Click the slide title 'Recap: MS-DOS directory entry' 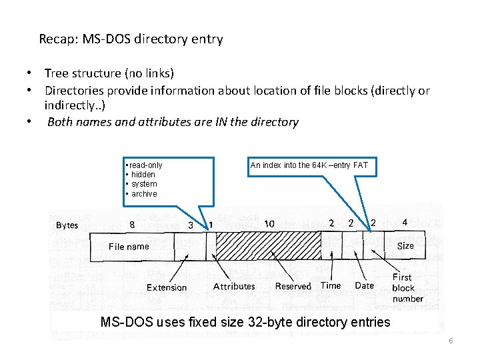[x=131, y=39]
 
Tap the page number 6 [x=451, y=341]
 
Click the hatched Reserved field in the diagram [x=268, y=246]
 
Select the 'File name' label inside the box [x=129, y=247]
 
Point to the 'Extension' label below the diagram [x=167, y=287]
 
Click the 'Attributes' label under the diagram [x=234, y=286]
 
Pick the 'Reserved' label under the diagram [x=293, y=286]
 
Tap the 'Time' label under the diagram [x=331, y=285]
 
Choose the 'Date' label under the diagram [x=364, y=285]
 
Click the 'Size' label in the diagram [x=405, y=246]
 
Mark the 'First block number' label [x=407, y=287]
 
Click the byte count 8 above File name [x=132, y=225]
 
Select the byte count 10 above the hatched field [x=269, y=223]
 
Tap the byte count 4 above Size [x=405, y=222]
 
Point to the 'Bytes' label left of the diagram [x=67, y=225]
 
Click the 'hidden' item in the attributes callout [x=143, y=175]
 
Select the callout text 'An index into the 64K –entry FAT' [x=309, y=165]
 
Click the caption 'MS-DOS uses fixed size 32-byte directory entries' [x=245, y=322]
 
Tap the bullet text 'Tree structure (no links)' [x=109, y=73]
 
